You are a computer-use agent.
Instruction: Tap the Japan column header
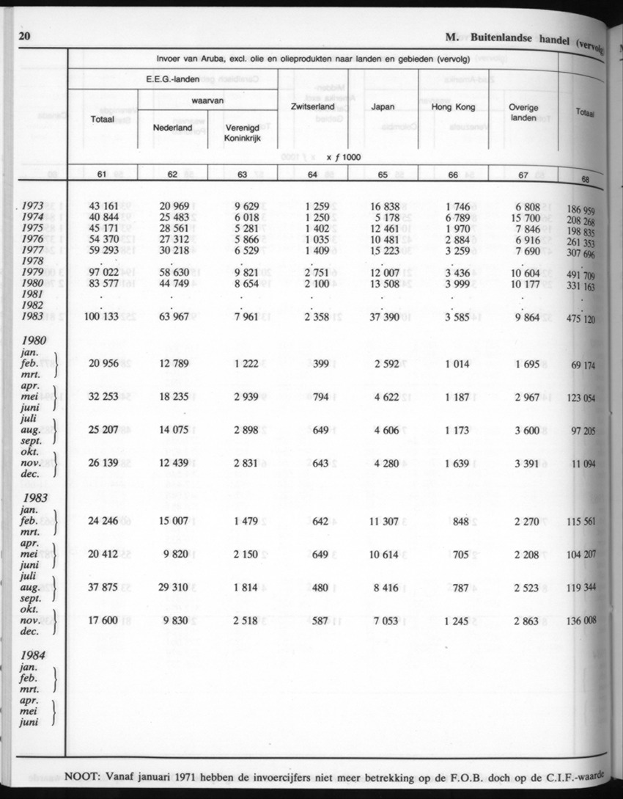(383, 106)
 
